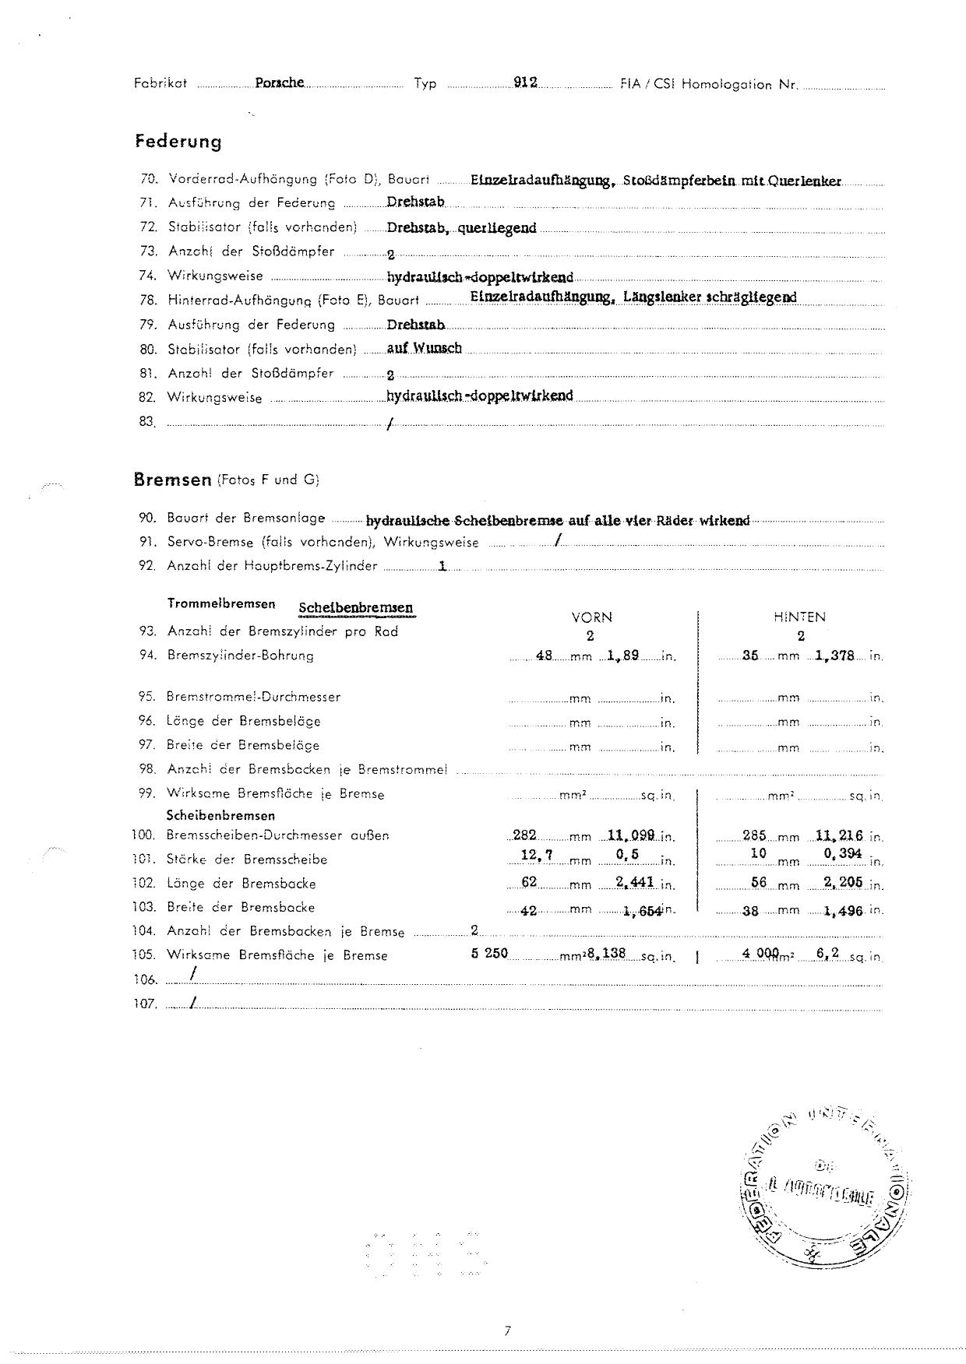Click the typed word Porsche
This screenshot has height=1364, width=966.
[279, 83]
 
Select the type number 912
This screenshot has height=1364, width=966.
[526, 83]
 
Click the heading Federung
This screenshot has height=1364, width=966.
[178, 142]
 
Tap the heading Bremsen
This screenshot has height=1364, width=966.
[173, 480]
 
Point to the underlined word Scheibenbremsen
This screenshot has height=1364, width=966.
[355, 608]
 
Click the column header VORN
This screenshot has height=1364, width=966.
[592, 617]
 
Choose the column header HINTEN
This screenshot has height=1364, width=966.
[800, 617]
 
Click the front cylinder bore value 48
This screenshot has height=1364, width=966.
[544, 656]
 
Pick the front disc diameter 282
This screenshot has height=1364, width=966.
[525, 835]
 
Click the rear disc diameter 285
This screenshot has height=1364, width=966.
[754, 835]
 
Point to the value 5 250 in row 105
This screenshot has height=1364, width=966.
[489, 953]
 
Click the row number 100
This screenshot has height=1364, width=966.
[144, 835]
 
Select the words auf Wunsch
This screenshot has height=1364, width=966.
[425, 348]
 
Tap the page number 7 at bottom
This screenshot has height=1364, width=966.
[507, 1331]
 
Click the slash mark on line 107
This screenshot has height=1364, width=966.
[191, 1002]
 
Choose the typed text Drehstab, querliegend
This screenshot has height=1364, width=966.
[461, 229]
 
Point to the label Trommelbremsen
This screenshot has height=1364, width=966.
[221, 604]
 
